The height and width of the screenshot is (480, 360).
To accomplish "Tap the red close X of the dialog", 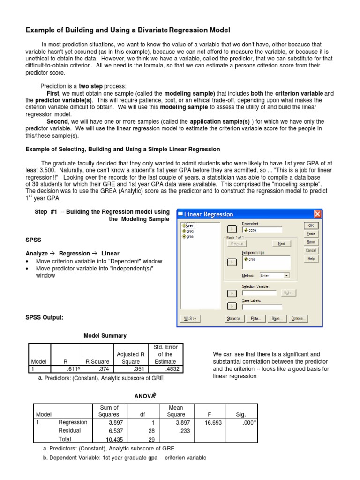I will click(x=318, y=214).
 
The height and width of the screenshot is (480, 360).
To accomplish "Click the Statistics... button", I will click(x=234, y=319).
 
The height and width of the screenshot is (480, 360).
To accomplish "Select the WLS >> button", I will click(x=189, y=319).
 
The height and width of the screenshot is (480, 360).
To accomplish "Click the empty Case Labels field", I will click(x=262, y=307).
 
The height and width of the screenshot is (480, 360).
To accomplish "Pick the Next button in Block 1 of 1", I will click(x=281, y=244).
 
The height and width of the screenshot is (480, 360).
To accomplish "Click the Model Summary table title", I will click(x=105, y=336).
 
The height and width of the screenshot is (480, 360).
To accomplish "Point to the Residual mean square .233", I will click(x=184, y=431).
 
